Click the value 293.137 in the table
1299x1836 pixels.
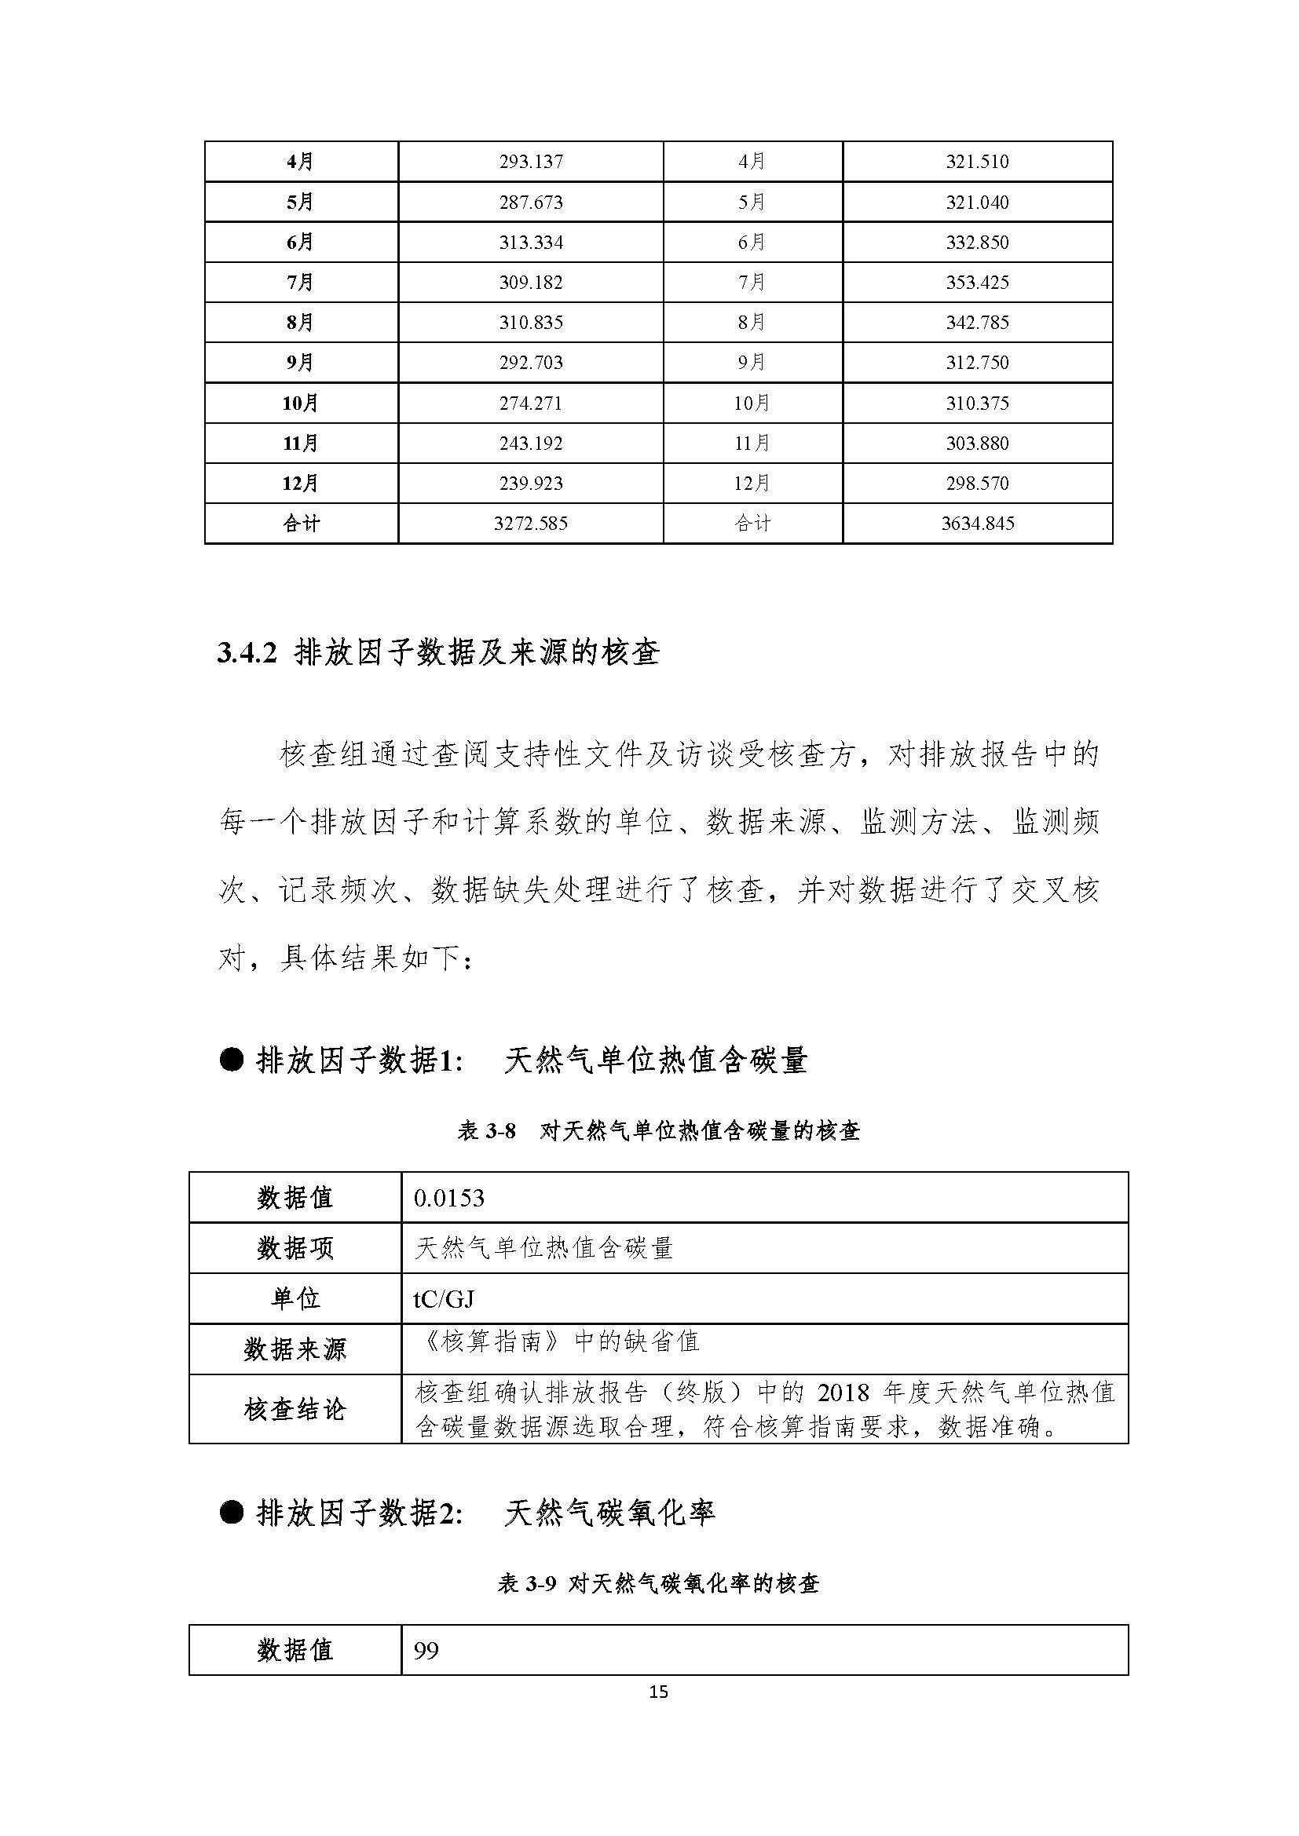pos(531,162)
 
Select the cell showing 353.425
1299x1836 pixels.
pos(978,283)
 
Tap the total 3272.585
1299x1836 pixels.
pos(531,524)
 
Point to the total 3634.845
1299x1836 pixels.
pos(978,524)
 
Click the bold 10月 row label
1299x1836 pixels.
pos(300,403)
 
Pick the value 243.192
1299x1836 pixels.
pos(531,443)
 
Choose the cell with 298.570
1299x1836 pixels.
pos(978,483)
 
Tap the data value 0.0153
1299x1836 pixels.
pos(448,1198)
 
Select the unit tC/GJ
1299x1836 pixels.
pos(444,1298)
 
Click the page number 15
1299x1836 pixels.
pos(658,1692)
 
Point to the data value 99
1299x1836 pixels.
pos(426,1651)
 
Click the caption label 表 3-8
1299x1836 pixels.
pos(486,1130)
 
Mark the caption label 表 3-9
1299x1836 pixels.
pos(526,1583)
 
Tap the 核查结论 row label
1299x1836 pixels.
pos(295,1409)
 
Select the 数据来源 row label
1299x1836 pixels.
pos(295,1349)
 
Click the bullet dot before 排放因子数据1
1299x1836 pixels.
pos(231,1061)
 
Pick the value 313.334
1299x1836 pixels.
pos(531,243)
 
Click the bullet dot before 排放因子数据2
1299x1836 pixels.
pos(231,1512)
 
